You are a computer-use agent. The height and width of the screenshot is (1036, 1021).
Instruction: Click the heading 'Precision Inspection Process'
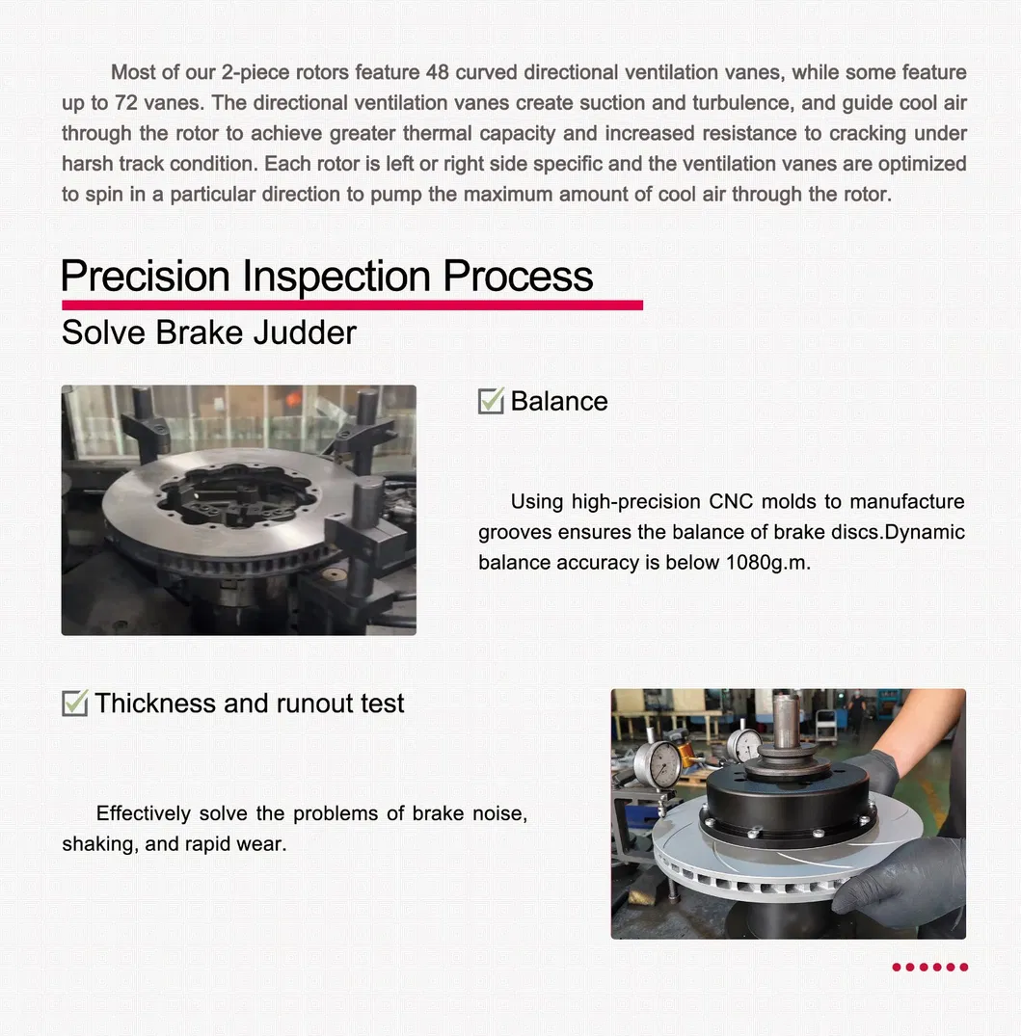[x=327, y=277]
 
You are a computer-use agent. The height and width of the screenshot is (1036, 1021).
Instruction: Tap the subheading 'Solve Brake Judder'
[x=208, y=332]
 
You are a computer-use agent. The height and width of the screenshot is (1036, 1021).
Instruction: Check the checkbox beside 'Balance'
[x=491, y=401]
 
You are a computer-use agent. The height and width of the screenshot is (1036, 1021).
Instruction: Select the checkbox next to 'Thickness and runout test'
[x=74, y=704]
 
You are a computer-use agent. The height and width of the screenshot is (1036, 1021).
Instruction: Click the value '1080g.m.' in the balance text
[x=767, y=563]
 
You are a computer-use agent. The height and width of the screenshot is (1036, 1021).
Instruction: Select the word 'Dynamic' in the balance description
[x=925, y=533]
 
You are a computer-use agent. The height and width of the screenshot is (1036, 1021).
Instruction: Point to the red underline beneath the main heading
[x=352, y=305]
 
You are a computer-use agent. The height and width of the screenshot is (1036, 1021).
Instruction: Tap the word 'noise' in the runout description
[x=499, y=814]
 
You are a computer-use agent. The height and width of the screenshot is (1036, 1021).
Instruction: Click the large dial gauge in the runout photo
[x=662, y=764]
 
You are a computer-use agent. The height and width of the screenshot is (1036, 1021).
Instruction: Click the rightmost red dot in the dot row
[x=963, y=967]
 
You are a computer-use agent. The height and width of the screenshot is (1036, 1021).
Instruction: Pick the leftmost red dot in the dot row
[x=897, y=967]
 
